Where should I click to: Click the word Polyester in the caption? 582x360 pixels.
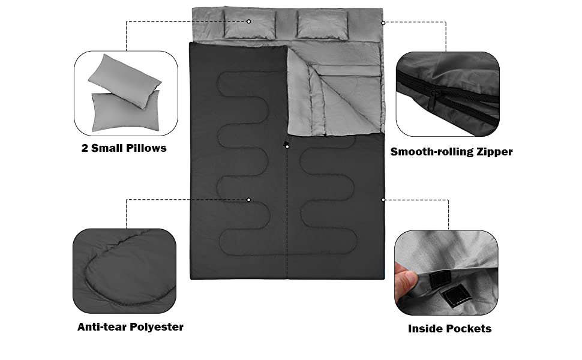click(157, 327)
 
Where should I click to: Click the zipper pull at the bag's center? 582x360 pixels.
click(287, 145)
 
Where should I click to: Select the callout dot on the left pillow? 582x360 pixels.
click(248, 22)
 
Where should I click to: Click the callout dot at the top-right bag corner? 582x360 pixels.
click(383, 23)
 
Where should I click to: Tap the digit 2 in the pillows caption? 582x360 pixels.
click(85, 148)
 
